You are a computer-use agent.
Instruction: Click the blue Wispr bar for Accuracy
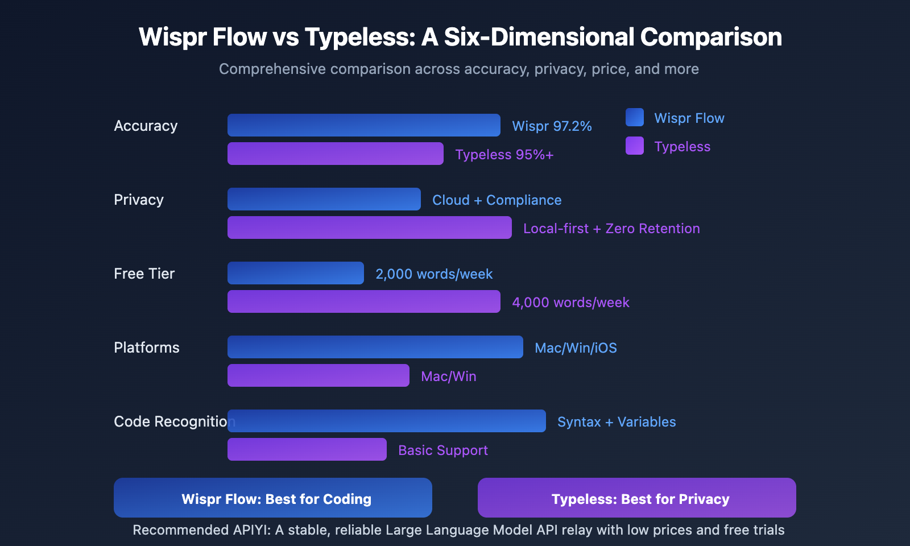pos(364,125)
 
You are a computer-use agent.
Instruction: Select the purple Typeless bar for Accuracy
pos(336,154)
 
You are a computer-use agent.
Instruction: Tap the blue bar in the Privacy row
pos(324,199)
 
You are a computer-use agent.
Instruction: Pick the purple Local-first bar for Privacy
pos(370,227)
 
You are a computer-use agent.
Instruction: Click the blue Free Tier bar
pos(296,273)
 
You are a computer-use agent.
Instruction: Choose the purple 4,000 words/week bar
pos(364,301)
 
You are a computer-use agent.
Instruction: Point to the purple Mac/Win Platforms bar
pos(318,375)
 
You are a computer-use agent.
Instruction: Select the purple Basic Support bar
pos(307,449)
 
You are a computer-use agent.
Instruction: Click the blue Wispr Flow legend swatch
pos(635,117)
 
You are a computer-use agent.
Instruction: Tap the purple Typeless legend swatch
pos(635,146)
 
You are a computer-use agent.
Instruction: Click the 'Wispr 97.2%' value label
pos(552,126)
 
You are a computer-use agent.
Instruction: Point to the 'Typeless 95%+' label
pos(504,155)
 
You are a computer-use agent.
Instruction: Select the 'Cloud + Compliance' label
pos(497,200)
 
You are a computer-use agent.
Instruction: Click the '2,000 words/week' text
pos(434,274)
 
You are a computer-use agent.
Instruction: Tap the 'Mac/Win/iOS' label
pos(576,348)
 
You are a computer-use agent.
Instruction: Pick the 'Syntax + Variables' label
pos(617,422)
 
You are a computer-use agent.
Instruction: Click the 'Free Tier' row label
pos(144,274)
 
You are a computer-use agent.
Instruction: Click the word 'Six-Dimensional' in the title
pos(539,37)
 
